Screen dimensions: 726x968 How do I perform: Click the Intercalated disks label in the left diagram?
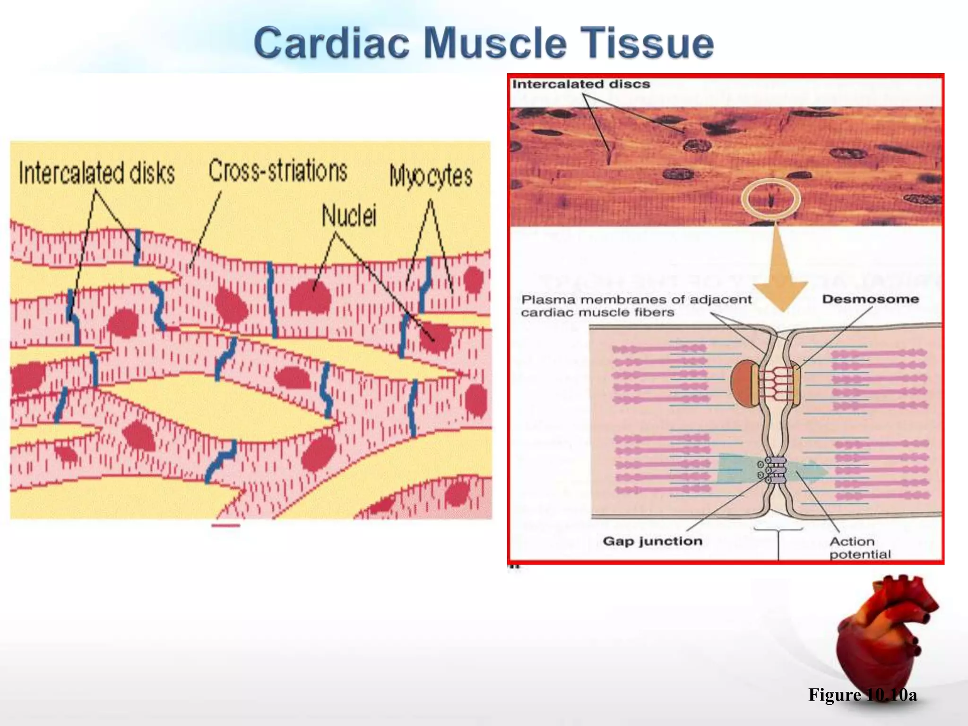[x=97, y=173]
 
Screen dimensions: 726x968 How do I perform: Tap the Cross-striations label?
[x=278, y=171]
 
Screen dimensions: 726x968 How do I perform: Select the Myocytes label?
[x=431, y=176]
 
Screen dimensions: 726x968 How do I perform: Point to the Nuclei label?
[x=349, y=216]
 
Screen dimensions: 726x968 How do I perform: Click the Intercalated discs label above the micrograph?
[x=581, y=84]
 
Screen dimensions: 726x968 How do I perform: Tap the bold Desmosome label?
[x=870, y=299]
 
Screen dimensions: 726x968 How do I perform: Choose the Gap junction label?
[x=652, y=541]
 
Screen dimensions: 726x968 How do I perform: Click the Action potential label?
[x=859, y=548]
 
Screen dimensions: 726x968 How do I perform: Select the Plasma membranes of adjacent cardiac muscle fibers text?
[x=636, y=306]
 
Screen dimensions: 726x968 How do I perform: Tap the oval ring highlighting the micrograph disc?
[x=770, y=199]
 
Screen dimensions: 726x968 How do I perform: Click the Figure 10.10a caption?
[x=862, y=695]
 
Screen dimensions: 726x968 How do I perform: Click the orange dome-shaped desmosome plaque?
[x=742, y=383]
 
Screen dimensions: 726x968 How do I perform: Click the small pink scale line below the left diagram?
[x=225, y=525]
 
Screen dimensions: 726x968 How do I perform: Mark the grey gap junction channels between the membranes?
[x=775, y=470]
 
